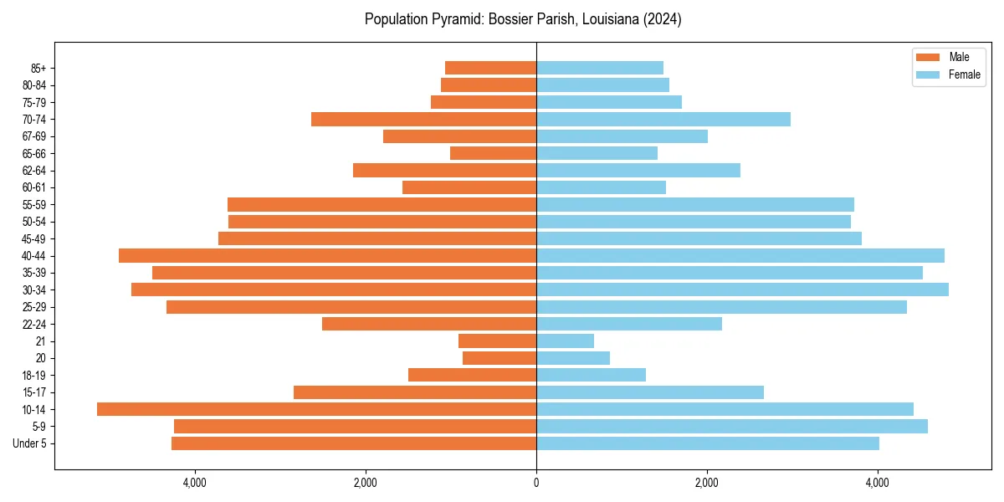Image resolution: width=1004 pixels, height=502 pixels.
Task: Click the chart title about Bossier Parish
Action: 523,19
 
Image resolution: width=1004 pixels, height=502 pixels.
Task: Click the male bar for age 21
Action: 497,341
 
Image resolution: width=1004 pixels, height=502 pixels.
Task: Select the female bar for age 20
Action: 573,358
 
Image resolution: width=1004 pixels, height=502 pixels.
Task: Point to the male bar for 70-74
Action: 423,119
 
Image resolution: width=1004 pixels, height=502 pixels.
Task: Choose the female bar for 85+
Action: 600,68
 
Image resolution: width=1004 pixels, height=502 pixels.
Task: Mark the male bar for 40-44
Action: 327,255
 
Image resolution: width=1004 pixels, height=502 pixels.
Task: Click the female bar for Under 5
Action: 708,443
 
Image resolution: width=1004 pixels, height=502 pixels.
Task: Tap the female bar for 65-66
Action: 597,153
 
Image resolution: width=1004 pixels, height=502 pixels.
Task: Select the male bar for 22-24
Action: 429,324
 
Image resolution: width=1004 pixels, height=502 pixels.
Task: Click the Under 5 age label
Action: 30,443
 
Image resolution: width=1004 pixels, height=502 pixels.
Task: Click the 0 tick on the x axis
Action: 536,482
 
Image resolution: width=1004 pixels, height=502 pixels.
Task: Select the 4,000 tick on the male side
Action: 194,482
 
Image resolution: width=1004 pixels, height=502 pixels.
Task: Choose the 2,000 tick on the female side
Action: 707,482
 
